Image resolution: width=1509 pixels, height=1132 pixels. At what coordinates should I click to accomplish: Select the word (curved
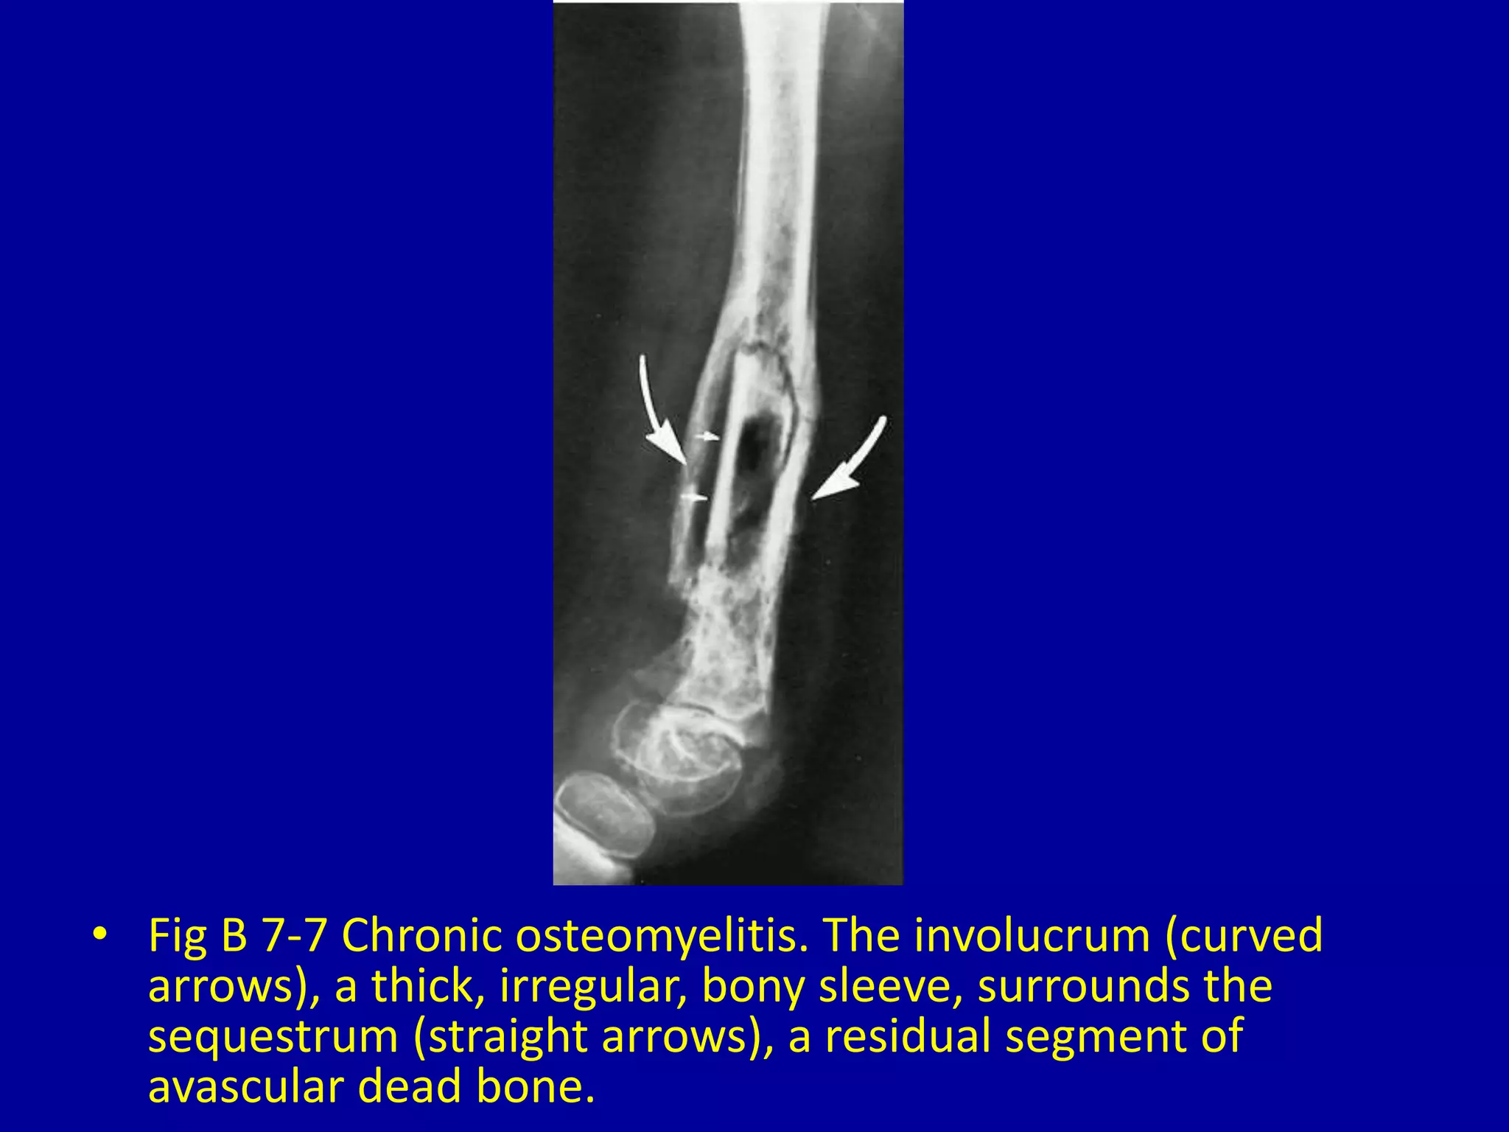pos(1244,936)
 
